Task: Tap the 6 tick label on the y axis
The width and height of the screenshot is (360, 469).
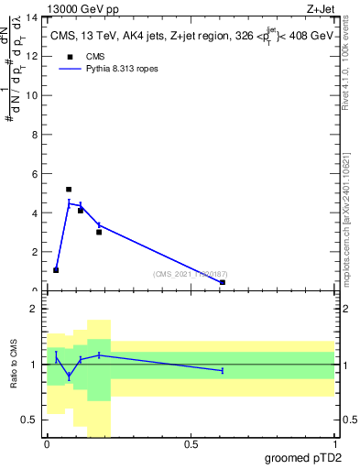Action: click(x=35, y=174)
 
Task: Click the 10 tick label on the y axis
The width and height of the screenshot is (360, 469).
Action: click(x=32, y=96)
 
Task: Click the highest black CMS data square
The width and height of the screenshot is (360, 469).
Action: click(x=69, y=190)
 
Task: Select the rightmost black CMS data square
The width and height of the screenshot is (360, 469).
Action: click(x=223, y=282)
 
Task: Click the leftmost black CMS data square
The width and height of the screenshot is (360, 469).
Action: click(x=56, y=270)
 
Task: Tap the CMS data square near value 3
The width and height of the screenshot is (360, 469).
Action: click(x=99, y=232)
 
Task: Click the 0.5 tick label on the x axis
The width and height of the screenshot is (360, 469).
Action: click(x=191, y=445)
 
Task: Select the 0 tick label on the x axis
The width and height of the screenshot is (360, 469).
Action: click(x=47, y=445)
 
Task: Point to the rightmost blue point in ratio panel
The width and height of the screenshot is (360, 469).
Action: click(x=223, y=370)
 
